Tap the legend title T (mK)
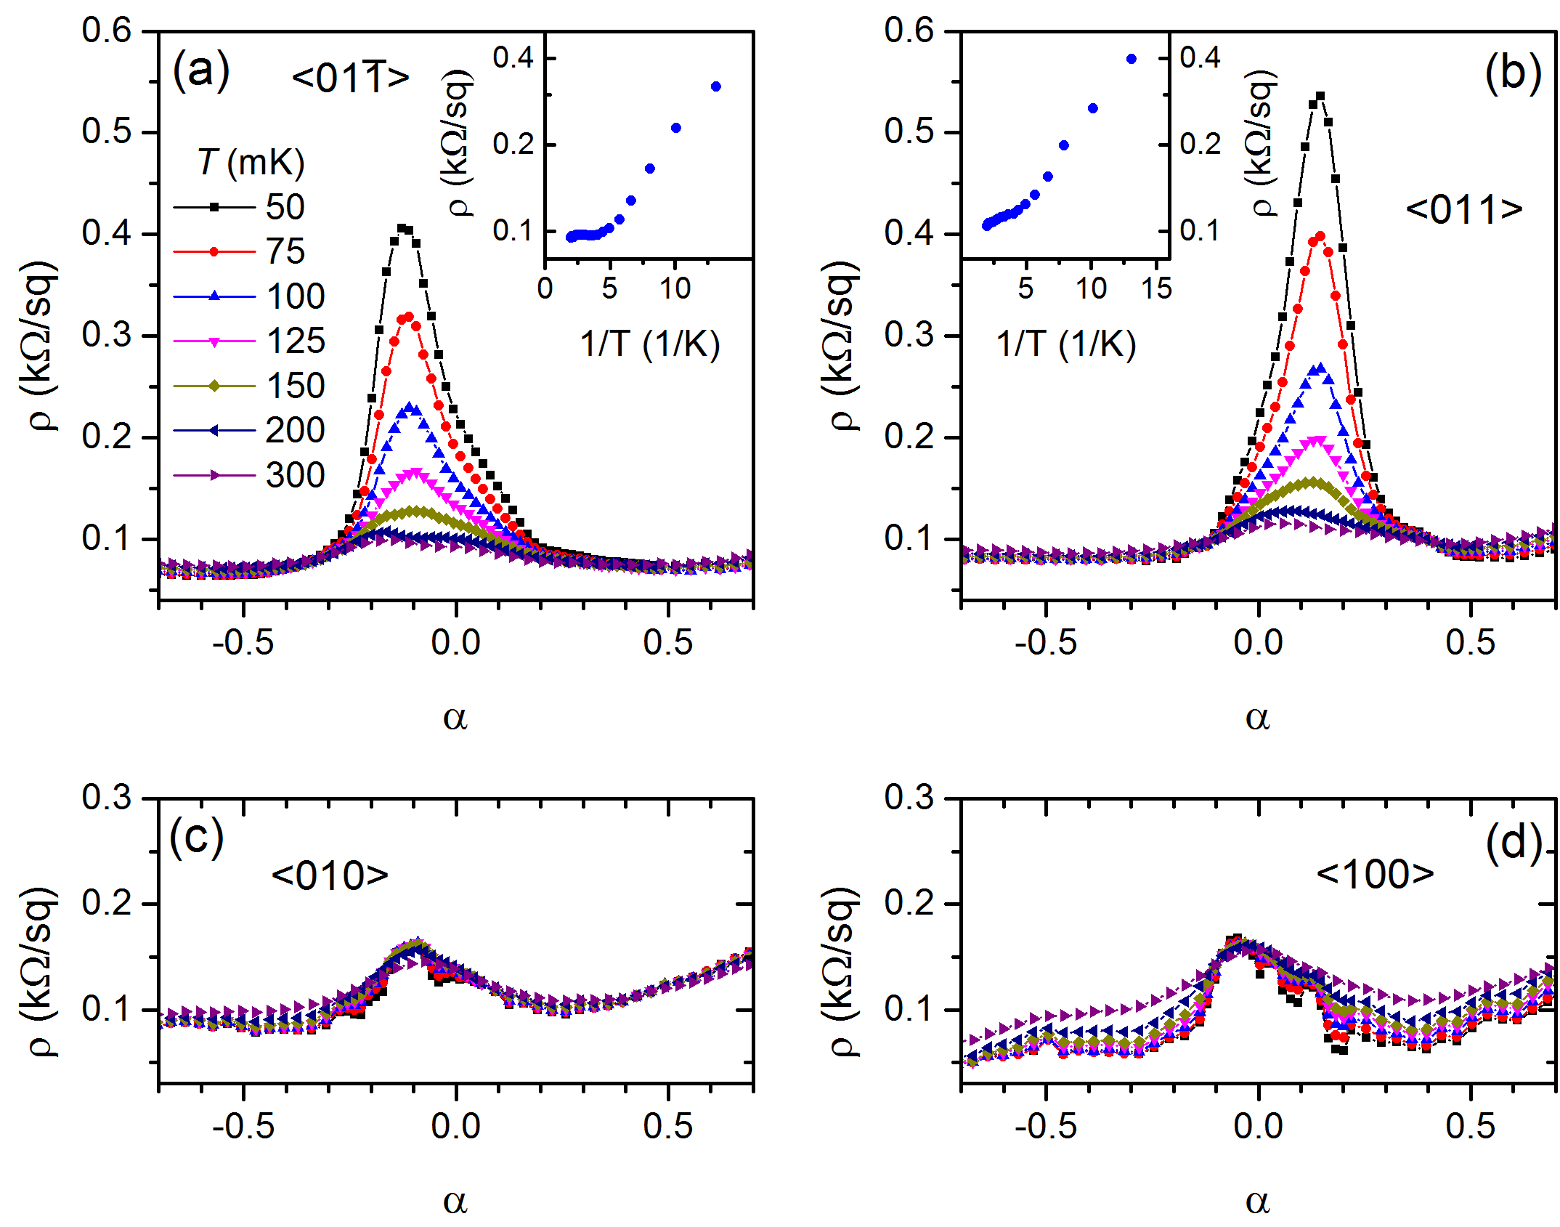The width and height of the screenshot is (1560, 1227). pyautogui.click(x=251, y=161)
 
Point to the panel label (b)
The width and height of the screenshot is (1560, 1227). pyautogui.click(x=1513, y=73)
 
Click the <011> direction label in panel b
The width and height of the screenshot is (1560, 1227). pyautogui.click(x=1464, y=209)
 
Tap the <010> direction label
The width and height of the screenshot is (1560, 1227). pyautogui.click(x=330, y=875)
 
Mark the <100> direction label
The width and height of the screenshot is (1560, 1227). pyautogui.click(x=1375, y=873)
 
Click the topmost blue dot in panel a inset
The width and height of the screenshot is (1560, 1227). pyautogui.click(x=716, y=86)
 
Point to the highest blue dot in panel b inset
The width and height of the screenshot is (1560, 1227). pyautogui.click(x=1132, y=59)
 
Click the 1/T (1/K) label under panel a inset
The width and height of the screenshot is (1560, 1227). pyautogui.click(x=649, y=344)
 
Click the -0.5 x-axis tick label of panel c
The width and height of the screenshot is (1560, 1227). pyautogui.click(x=243, y=1127)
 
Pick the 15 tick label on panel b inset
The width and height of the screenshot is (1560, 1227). pyautogui.click(x=1156, y=288)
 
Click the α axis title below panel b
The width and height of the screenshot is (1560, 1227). pyautogui.click(x=1257, y=718)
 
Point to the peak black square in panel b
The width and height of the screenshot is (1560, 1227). pyautogui.click(x=1320, y=96)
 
